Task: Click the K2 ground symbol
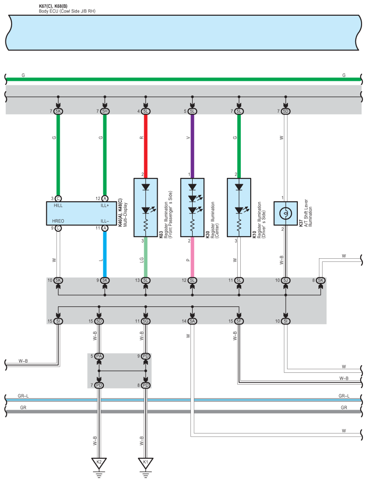pyautogui.click(x=99, y=462)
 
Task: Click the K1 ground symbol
pyautogui.click(x=146, y=462)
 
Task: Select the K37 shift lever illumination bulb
pyautogui.click(x=285, y=213)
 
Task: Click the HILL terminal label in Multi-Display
pyautogui.click(x=58, y=205)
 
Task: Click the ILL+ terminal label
pyautogui.click(x=104, y=205)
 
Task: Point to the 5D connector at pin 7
pyautogui.click(x=285, y=111)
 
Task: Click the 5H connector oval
pyautogui.click(x=105, y=111)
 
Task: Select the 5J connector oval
pyautogui.click(x=285, y=280)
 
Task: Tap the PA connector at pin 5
pyautogui.click(x=99, y=356)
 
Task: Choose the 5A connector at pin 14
pyautogui.click(x=192, y=321)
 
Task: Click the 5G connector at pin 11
pyautogui.click(x=146, y=321)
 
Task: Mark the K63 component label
pyautogui.click(x=161, y=234)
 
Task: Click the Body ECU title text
pyautogui.click(x=67, y=11)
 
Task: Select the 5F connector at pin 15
pyautogui.click(x=239, y=321)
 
